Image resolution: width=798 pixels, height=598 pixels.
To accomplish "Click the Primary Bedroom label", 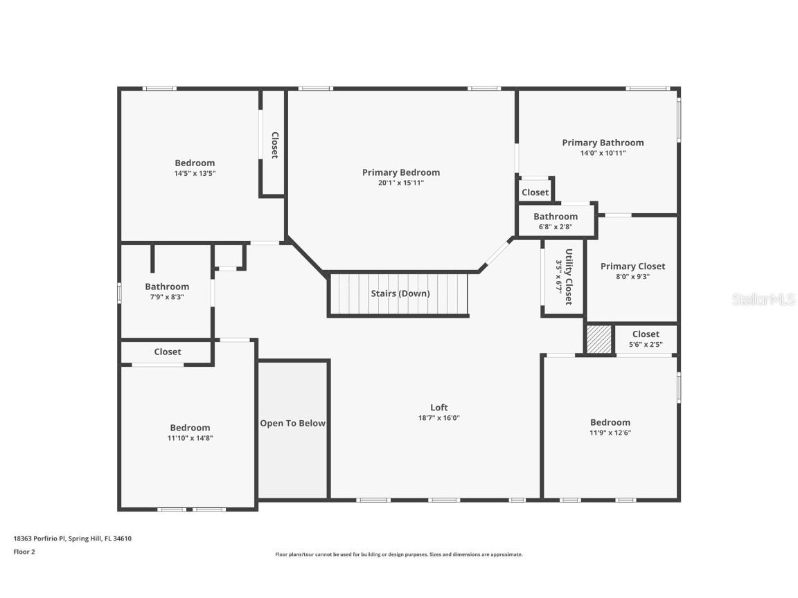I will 400,172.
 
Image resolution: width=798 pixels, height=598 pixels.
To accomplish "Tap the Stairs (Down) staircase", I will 399,294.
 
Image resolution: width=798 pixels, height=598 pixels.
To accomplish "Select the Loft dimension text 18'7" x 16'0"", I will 438,418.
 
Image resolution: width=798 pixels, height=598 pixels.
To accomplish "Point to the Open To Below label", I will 292,423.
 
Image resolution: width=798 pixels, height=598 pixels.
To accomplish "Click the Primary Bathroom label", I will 603,143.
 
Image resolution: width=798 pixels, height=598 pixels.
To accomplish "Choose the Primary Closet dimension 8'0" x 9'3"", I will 632,276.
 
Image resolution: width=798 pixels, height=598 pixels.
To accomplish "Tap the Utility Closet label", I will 568,277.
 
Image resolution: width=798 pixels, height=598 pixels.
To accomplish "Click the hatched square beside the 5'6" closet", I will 599,340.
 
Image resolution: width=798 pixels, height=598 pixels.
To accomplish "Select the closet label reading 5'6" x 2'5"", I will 646,344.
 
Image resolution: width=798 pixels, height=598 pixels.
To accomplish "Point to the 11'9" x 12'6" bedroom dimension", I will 610,433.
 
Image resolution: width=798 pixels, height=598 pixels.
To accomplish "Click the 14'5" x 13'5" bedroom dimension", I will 195,174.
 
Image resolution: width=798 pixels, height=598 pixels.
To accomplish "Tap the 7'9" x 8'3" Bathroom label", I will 167,287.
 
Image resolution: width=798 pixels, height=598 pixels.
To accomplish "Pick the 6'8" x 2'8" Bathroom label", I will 556,217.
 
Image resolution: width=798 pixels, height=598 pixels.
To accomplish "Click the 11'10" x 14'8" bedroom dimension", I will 190,437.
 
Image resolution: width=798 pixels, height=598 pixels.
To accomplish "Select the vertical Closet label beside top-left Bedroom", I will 274,145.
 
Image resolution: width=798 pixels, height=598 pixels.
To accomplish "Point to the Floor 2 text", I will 24,552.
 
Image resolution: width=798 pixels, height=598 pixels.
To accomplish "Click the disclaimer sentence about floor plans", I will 399,554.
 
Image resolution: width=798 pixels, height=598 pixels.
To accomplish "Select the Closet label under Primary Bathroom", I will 535,192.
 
